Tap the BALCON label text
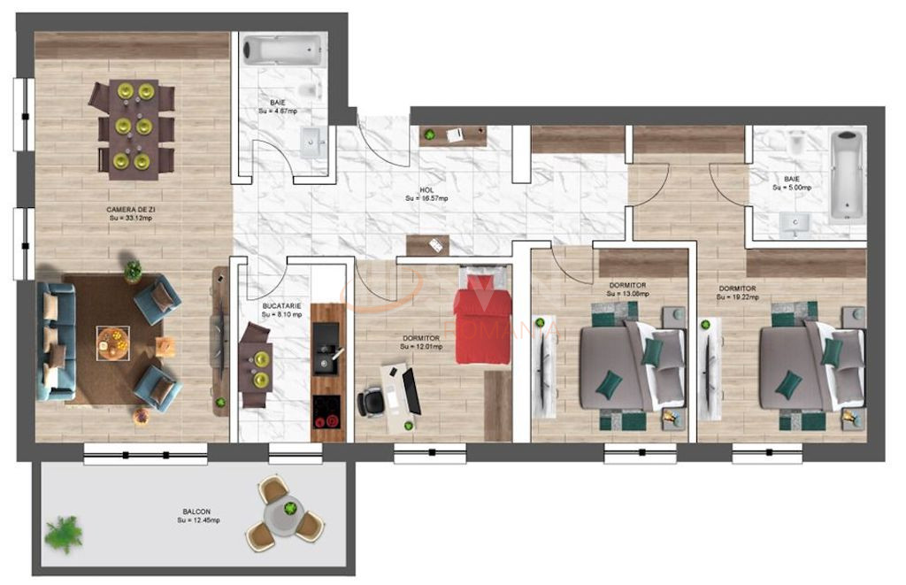198,512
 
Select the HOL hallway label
426,190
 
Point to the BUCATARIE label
281,305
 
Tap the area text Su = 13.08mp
627,295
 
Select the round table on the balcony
289,512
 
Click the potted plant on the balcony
64,534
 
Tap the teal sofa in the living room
54,341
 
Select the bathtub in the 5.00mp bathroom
848,173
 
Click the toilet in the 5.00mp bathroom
796,142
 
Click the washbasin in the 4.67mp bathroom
311,142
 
